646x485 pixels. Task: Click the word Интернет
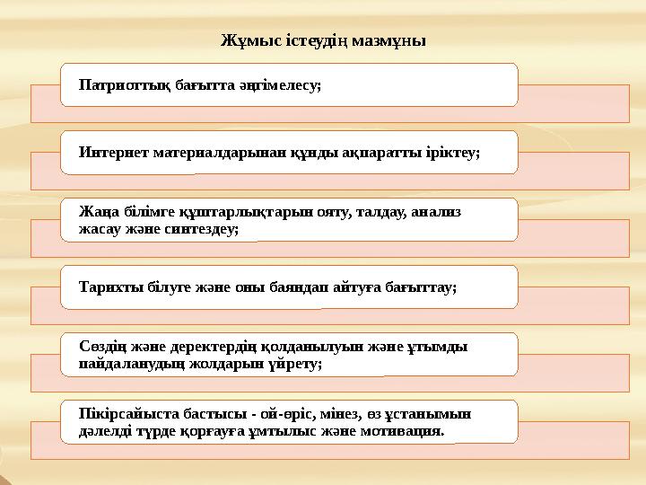point(109,154)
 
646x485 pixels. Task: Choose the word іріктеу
point(450,154)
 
